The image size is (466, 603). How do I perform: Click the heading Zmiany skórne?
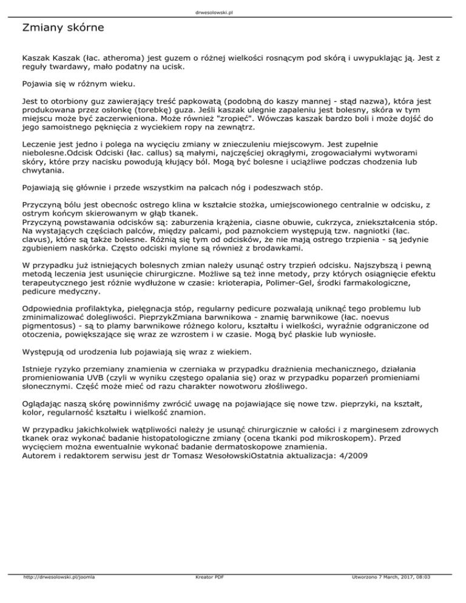62,28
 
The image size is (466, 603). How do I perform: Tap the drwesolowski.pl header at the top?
232,11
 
